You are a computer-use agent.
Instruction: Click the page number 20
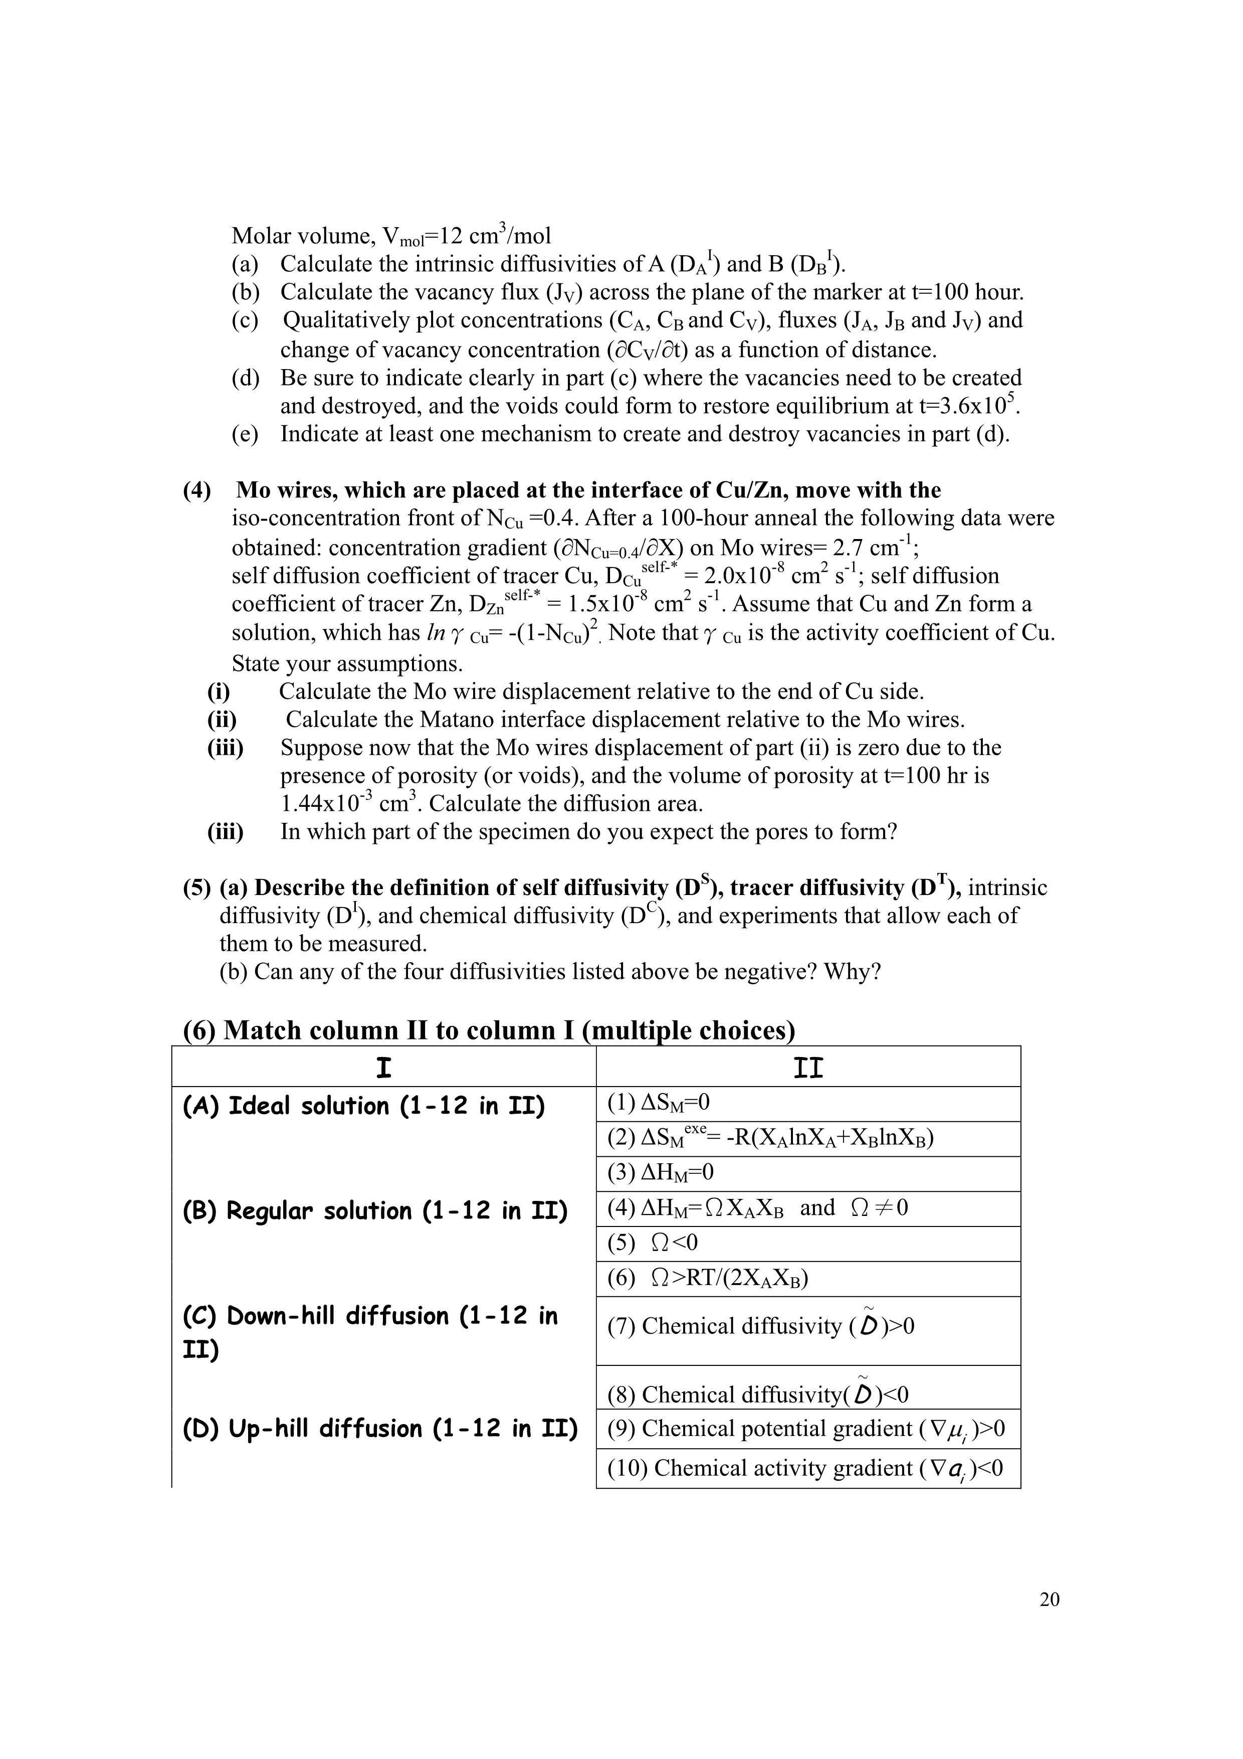tap(1049, 1599)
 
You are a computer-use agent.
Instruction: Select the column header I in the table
tap(384, 1067)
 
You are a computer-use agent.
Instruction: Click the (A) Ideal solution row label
tap(364, 1106)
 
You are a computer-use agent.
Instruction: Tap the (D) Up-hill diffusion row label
tap(380, 1429)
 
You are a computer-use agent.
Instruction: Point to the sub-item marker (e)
tap(245, 434)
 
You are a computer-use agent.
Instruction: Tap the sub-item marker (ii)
tap(222, 720)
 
